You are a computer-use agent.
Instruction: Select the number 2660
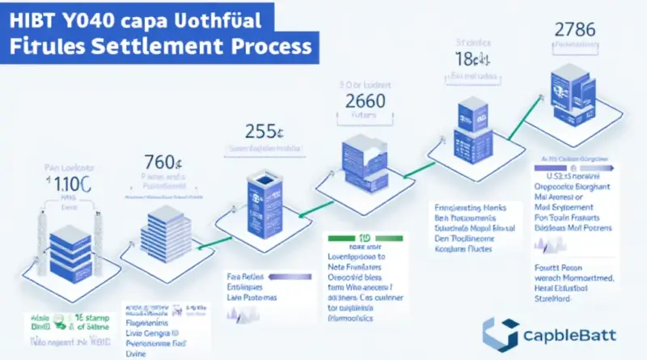pos(365,103)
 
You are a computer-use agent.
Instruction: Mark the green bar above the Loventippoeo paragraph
pos(355,239)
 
